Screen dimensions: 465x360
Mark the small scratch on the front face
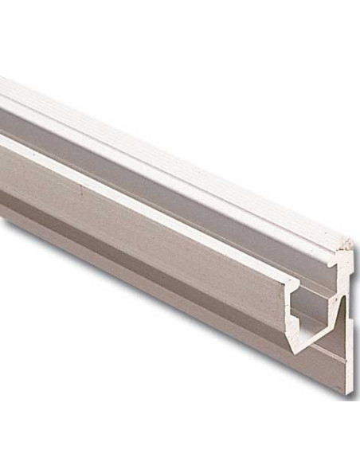[x=83, y=190]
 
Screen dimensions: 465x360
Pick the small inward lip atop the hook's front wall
[x=296, y=297]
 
